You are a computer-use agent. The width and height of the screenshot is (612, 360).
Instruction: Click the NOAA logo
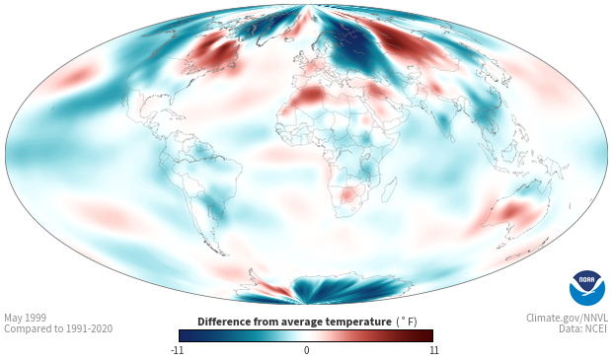coord(587,288)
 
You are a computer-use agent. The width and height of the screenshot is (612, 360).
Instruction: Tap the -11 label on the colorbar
coord(177,350)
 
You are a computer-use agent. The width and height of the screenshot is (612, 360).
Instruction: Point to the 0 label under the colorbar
coord(306,350)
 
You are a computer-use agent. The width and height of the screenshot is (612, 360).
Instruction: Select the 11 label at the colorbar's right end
coord(433,350)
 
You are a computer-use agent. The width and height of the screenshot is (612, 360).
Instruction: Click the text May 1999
coord(25,318)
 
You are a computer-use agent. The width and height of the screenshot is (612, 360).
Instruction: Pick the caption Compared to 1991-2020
coord(58,328)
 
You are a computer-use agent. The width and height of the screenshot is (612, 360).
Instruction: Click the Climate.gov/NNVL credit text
coord(567,318)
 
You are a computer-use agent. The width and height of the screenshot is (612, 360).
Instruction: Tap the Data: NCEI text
coord(583,328)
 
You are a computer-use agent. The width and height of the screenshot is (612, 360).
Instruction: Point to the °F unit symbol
coord(407,323)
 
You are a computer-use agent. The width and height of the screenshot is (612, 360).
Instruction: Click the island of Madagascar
coord(389,190)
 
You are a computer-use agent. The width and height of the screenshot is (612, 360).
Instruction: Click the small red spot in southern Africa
coord(346,194)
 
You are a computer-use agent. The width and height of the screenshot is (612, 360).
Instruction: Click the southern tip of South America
coord(223,253)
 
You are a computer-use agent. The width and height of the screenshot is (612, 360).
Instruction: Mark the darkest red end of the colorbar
coord(429,335)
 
